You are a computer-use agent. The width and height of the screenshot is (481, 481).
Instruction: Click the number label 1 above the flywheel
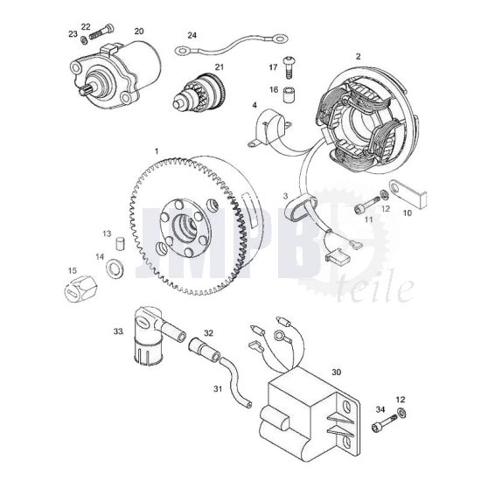(156, 150)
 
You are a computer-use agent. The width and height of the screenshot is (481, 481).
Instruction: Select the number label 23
(72, 34)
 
